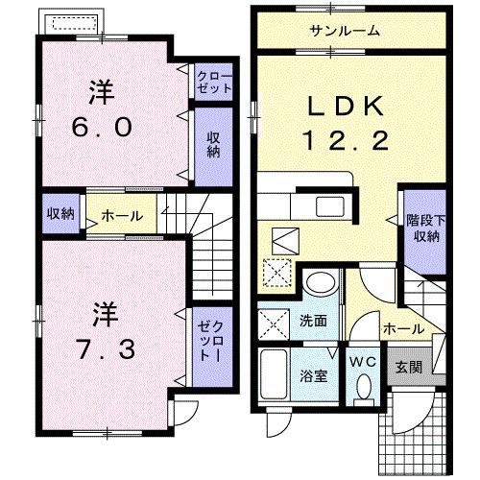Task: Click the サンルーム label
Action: pos(344,32)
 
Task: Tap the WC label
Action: pos(361,362)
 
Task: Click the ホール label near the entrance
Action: pos(403,328)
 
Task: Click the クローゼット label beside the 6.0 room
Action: pos(213,81)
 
